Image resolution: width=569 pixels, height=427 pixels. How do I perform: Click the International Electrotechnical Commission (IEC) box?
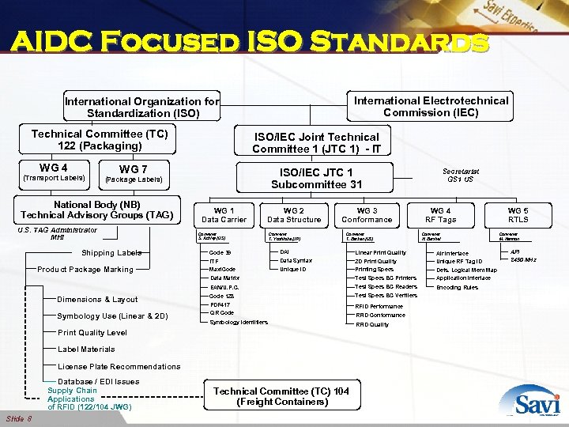pos(431,106)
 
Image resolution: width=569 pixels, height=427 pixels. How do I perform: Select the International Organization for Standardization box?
pos(142,108)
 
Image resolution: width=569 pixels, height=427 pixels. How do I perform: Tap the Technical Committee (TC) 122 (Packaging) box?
pos(100,140)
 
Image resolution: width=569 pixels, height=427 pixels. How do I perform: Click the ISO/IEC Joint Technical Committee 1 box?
pos(315,143)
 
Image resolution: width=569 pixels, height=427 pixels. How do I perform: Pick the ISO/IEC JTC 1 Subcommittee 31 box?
pos(316,178)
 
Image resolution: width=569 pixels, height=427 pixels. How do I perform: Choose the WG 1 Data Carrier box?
pos(224,215)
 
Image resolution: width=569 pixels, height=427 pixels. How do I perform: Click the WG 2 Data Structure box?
pos(293,215)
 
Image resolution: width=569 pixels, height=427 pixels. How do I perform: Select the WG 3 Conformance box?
pos(366,215)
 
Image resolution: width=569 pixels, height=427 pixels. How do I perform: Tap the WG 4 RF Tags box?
pos(440,215)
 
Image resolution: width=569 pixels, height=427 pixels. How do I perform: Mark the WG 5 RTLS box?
pos(518,215)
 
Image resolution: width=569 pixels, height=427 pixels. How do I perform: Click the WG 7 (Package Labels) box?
pos(133,174)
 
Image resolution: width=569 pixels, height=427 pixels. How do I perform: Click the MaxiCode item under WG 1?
pos(222,270)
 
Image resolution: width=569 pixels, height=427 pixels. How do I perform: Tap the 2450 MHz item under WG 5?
pos(522,260)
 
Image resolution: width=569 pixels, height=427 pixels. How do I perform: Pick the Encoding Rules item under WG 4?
pos(457,287)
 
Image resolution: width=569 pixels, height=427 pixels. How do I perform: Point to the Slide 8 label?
pos(19,418)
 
